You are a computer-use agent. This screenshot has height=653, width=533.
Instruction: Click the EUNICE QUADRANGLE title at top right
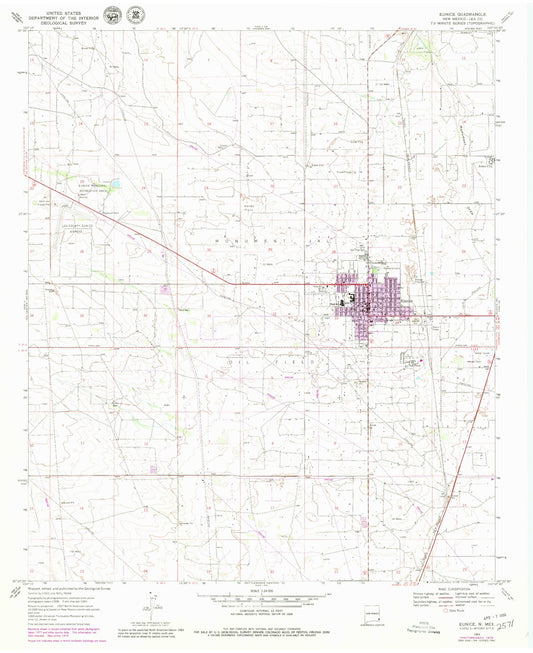pyautogui.click(x=464, y=10)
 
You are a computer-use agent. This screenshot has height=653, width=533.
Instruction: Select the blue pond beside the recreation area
pyautogui.click(x=116, y=185)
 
